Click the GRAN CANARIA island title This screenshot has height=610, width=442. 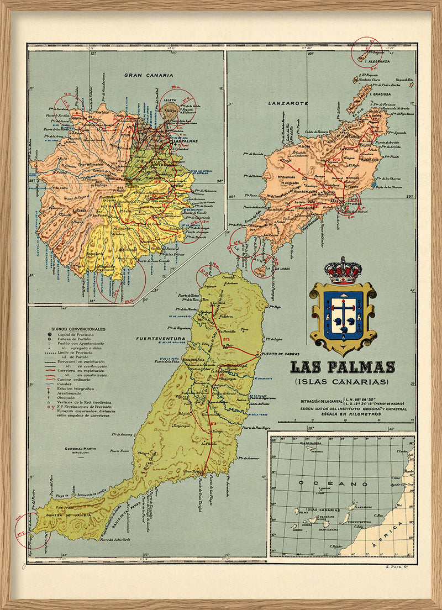pos(149,75)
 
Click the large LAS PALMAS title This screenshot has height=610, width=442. pos(343,367)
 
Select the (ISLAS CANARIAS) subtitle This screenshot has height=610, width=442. pos(343,382)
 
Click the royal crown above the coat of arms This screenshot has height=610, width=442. pos(343,270)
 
